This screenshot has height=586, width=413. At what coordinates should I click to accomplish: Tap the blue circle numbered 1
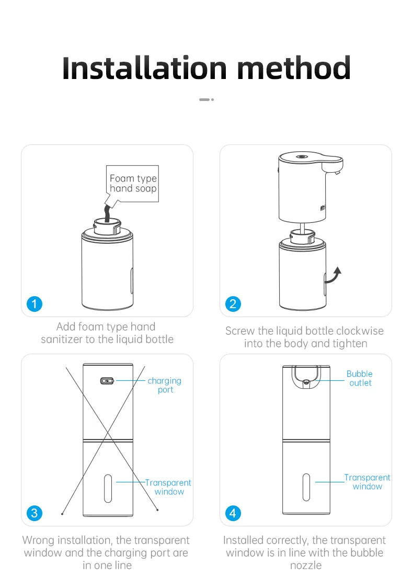click(x=34, y=303)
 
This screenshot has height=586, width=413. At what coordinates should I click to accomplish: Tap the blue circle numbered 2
click(x=233, y=303)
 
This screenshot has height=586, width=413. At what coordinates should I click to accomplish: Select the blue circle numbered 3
click(x=34, y=513)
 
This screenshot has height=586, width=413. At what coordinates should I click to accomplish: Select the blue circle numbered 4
click(x=233, y=513)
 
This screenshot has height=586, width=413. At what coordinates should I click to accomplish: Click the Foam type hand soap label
click(x=133, y=184)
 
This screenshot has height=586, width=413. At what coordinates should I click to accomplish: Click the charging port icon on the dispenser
click(x=107, y=380)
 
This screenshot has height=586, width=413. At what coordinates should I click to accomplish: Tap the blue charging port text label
click(x=165, y=385)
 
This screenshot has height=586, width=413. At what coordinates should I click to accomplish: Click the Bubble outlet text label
click(x=360, y=378)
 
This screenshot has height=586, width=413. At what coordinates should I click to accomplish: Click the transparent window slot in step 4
click(x=306, y=487)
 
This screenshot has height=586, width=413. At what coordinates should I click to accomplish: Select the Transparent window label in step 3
click(x=168, y=487)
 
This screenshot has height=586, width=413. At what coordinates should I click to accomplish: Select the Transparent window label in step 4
click(x=367, y=482)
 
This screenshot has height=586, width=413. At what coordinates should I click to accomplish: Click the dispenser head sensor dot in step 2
click(x=301, y=156)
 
